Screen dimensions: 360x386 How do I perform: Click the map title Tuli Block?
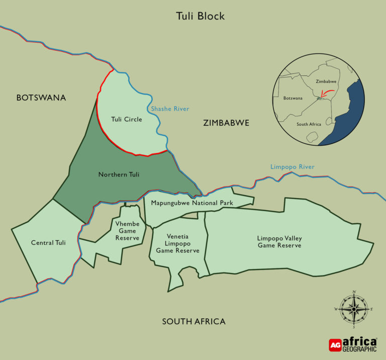tap(200, 16)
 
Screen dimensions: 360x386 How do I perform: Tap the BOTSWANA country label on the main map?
tap(41, 98)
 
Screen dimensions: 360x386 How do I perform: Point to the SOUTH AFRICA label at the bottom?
tap(194, 321)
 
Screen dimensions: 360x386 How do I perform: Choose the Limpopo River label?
tap(292, 167)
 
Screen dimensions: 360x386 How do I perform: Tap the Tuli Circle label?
tap(126, 120)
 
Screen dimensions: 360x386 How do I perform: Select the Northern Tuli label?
tap(119, 174)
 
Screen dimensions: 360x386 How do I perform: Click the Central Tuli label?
tap(48, 243)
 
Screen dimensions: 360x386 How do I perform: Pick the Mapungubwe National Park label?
tap(192, 203)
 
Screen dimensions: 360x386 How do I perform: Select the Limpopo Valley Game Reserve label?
tap(279, 241)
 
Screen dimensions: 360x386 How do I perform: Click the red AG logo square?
tap(335, 345)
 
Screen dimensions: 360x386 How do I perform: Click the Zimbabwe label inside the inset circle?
tap(325, 81)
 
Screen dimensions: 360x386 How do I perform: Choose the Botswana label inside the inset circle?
tap(293, 98)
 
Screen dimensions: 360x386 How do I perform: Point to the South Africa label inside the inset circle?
tap(309, 124)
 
